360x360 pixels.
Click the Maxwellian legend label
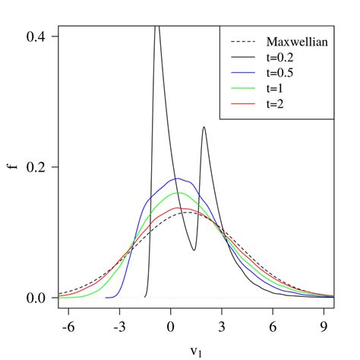[297, 42]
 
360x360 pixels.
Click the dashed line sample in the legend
[242, 42]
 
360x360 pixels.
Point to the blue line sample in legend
[242, 74]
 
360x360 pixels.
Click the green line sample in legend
[242, 90]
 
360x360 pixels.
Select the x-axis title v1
[196, 352]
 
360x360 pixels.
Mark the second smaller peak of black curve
[204, 128]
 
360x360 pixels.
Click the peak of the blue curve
[176, 178]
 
